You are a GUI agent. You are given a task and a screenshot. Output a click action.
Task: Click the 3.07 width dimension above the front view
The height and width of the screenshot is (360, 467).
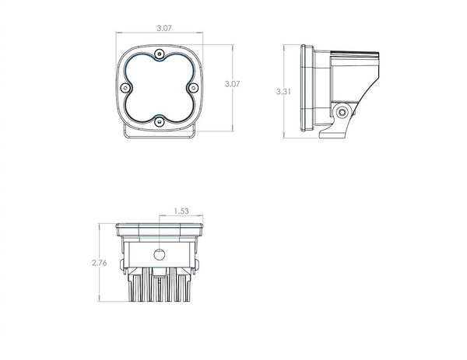point(163,27)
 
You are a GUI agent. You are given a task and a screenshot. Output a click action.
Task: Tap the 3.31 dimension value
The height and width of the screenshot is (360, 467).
point(284,91)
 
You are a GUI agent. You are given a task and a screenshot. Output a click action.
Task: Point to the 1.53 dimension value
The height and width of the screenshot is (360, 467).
point(180,210)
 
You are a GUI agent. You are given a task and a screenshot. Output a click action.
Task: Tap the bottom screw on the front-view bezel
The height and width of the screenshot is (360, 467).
point(159,121)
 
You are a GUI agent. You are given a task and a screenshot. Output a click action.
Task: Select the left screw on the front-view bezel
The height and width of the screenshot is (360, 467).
point(125,86)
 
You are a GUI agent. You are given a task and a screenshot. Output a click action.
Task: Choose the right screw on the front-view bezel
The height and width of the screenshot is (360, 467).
point(193,86)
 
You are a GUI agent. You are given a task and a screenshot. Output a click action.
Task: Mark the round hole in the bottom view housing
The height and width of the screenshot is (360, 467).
point(160,254)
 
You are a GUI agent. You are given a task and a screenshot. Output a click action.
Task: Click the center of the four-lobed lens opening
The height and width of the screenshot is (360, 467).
point(159,86)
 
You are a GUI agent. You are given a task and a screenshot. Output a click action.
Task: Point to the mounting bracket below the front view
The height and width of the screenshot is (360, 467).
point(160,138)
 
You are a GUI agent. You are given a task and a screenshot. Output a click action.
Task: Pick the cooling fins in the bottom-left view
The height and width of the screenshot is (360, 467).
point(160,291)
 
